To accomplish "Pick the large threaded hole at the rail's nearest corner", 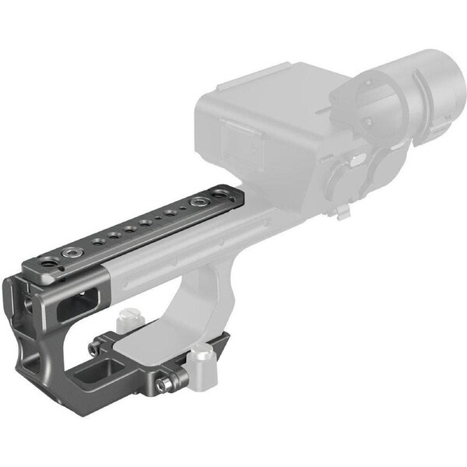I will click(x=48, y=265).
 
